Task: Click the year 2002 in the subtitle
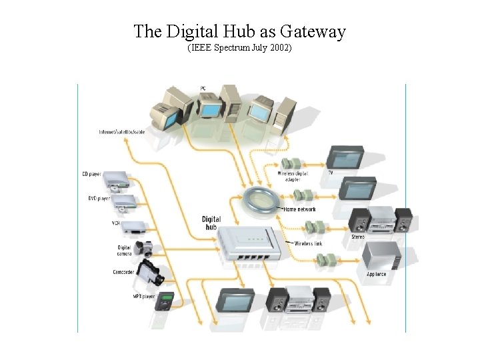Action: (280, 49)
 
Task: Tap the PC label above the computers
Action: (203, 89)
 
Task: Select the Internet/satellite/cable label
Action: (122, 132)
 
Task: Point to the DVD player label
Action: (99, 198)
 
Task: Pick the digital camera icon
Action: (143, 248)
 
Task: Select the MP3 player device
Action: (165, 300)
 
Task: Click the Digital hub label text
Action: (211, 223)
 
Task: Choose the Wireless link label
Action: (309, 244)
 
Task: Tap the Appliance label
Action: (376, 275)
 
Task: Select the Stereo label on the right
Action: (358, 237)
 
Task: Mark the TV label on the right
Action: (330, 173)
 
